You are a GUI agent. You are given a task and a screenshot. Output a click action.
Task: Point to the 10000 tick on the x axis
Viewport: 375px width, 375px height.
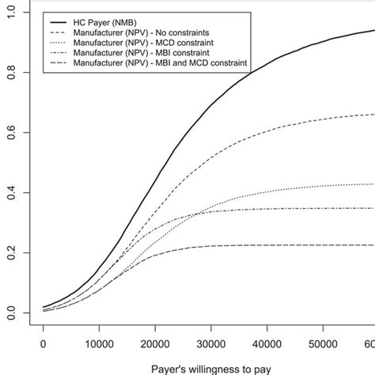tap(98, 345)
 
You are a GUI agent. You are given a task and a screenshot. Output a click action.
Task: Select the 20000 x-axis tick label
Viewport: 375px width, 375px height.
tap(154, 345)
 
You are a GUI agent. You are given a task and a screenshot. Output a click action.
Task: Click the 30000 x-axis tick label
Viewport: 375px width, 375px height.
tap(210, 345)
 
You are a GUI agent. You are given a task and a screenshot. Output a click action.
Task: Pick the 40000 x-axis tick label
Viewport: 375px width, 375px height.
tap(267, 345)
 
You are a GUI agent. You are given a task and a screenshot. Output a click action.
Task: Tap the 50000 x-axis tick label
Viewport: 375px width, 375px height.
tap(323, 345)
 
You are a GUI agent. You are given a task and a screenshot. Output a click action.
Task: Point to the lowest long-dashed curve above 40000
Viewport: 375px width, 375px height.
tap(267, 245)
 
